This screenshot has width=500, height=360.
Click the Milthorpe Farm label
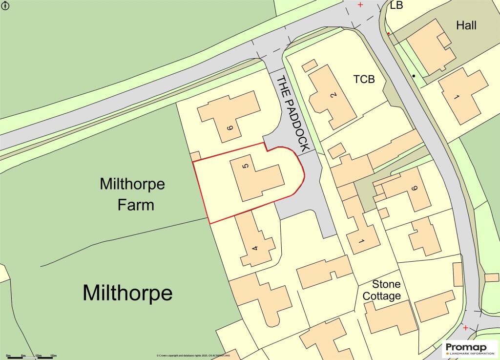point(132,194)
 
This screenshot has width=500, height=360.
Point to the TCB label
point(364,79)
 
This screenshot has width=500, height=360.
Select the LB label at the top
point(396,5)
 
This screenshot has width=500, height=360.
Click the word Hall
point(466,25)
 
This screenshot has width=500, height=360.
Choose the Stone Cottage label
point(387,290)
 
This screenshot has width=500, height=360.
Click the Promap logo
point(470,350)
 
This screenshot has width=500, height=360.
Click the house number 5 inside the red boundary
point(246,167)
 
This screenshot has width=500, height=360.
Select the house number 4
point(254,248)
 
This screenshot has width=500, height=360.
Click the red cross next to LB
point(360,5)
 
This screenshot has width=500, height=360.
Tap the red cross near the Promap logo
point(466,327)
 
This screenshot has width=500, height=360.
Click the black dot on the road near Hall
point(414,76)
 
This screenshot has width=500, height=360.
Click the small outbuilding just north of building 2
point(309,65)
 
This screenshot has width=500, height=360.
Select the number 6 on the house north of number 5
point(229,128)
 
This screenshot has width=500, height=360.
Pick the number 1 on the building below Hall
point(457,97)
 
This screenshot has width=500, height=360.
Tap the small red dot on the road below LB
point(388,34)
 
